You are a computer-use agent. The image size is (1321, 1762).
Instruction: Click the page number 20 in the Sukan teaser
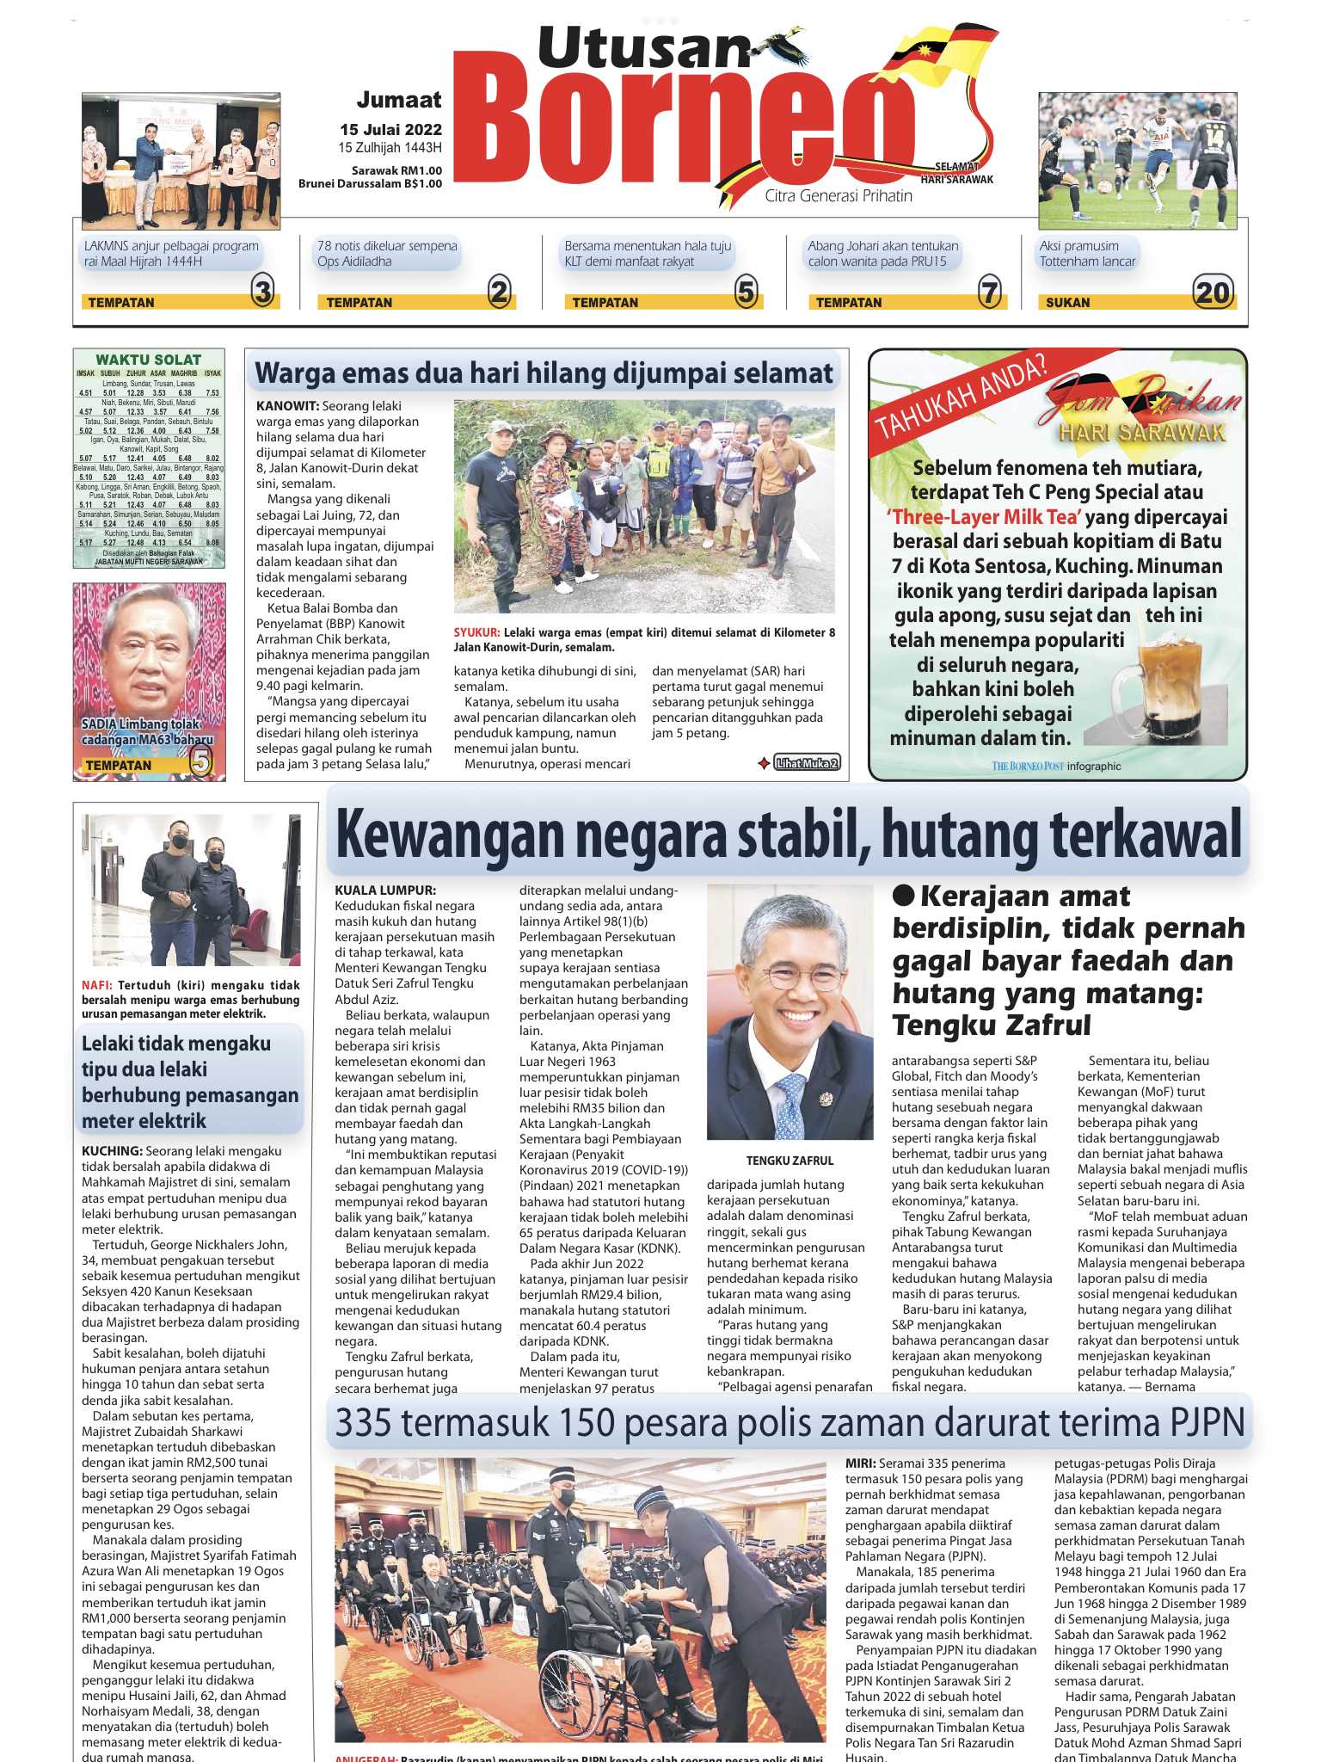click(1213, 293)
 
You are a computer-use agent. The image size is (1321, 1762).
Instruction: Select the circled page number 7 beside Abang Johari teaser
click(990, 293)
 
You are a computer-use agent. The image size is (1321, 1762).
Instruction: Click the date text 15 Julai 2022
click(390, 130)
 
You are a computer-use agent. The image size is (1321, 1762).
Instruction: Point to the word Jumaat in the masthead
click(399, 100)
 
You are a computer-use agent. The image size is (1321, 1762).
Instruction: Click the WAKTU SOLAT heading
click(148, 360)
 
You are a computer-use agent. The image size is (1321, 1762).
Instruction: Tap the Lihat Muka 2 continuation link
click(806, 762)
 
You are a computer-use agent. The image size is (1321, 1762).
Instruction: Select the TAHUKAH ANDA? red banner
click(961, 397)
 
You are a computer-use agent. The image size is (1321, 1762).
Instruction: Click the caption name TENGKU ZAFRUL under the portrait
click(790, 1161)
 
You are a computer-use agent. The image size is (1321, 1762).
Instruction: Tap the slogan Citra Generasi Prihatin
click(839, 196)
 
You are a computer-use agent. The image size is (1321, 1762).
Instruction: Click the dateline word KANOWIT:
click(287, 406)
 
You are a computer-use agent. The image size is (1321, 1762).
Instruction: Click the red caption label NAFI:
click(96, 986)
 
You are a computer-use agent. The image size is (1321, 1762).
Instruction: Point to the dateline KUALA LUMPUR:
click(385, 890)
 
